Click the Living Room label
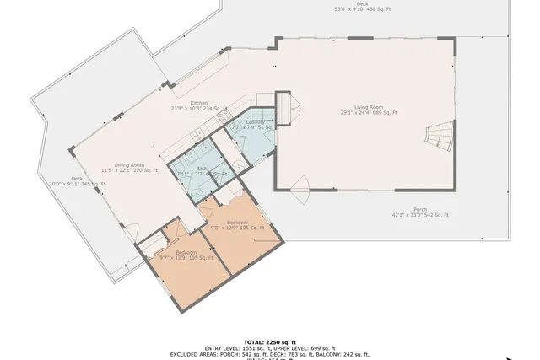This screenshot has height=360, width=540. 369,107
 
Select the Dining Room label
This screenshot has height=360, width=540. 129,165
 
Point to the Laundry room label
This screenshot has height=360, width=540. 256,122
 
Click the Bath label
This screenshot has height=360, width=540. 202,169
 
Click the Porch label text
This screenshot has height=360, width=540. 419,210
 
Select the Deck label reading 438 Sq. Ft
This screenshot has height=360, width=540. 362,4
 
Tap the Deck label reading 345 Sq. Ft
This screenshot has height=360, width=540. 77,179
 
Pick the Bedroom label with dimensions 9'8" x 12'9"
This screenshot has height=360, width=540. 236,223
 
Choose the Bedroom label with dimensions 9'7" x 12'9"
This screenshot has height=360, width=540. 186,253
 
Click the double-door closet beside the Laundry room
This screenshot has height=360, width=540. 287,105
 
